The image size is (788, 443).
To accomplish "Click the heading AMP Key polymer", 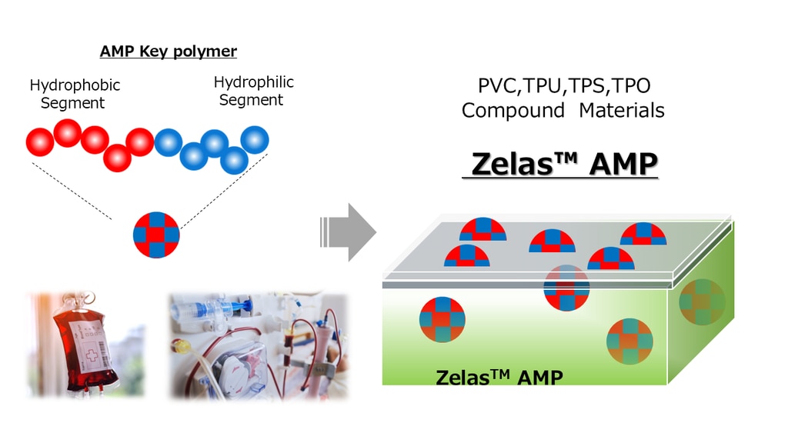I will coord(169,52).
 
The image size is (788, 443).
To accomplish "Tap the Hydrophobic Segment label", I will coord(75,94).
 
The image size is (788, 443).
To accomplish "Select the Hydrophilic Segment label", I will coord(253,91).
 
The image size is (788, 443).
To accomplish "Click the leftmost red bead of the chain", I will coord(39,142).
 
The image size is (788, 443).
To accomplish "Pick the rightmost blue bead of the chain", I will coord(255,139).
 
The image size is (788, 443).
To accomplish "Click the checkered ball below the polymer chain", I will coord(156,234).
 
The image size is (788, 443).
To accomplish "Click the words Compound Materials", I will coord(563,111).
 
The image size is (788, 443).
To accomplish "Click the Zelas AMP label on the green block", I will coord(499,378).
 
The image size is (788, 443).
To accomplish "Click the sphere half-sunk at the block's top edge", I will coord(566,286).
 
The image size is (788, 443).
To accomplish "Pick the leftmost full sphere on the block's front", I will coord(442,319).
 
